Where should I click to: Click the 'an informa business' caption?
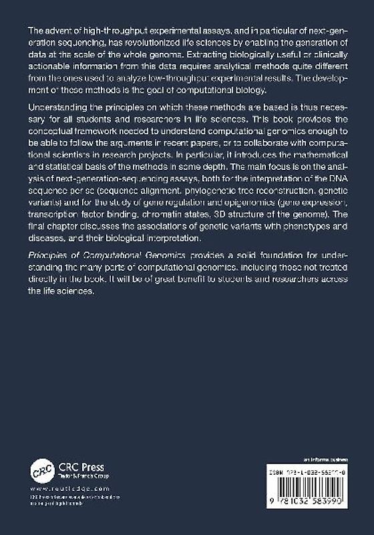point(323,460)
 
